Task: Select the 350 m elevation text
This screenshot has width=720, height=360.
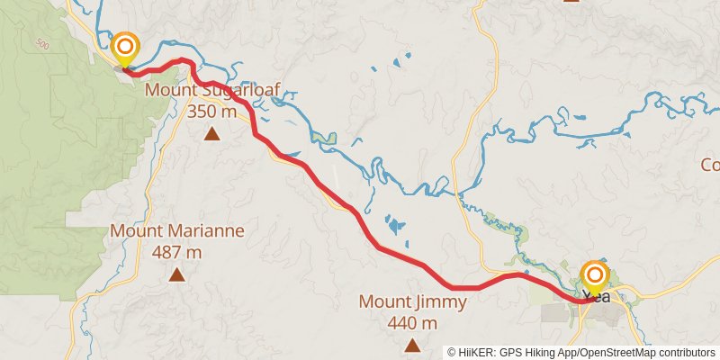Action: (x=211, y=112)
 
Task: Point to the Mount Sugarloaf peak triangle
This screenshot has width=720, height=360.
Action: (x=211, y=135)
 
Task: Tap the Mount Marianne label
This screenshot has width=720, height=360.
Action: (x=177, y=230)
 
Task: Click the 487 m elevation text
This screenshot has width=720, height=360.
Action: (x=176, y=252)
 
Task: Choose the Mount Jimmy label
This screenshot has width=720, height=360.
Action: (x=413, y=301)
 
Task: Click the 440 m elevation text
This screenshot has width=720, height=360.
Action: (x=412, y=322)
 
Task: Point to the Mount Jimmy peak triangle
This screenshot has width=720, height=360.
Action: (x=412, y=345)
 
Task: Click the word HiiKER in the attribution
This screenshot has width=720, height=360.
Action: (x=478, y=353)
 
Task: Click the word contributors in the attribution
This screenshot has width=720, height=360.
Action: (x=682, y=353)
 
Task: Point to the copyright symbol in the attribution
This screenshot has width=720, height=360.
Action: (x=452, y=353)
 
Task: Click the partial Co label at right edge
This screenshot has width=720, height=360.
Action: (x=710, y=166)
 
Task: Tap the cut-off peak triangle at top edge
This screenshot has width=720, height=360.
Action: (x=571, y=2)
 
